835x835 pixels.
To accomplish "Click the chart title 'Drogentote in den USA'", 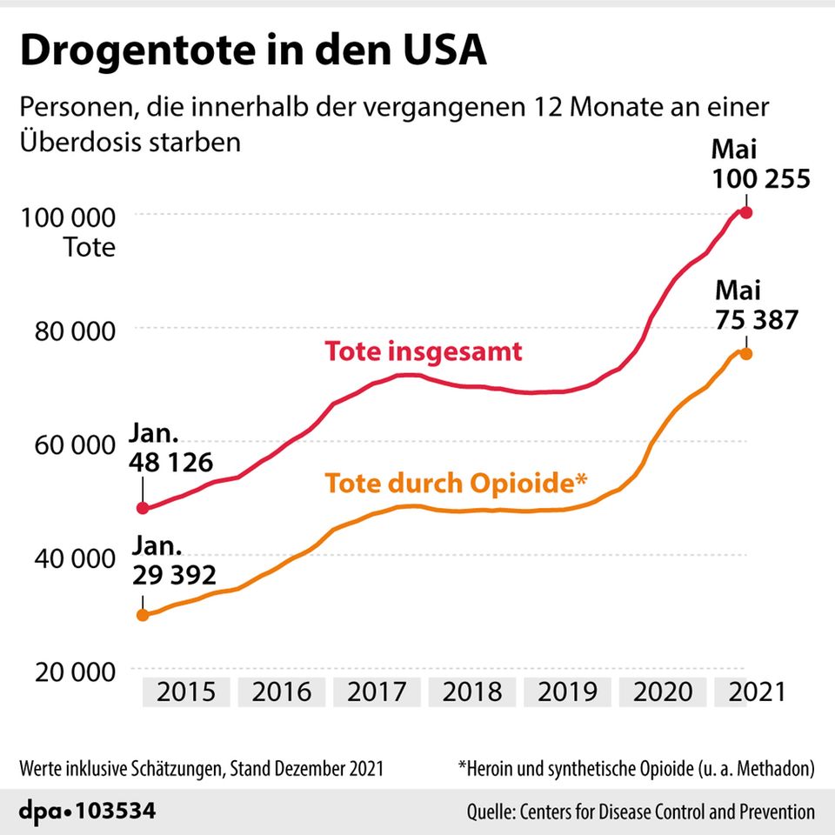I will pos(253,51).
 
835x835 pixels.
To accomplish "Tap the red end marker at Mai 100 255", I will pos(745,213).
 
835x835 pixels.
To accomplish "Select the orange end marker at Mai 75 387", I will pos(745,353).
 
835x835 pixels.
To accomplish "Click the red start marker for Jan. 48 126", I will pos(144,508).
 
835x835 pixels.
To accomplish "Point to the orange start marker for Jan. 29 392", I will pos(144,615).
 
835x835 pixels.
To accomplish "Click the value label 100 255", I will pos(761,179).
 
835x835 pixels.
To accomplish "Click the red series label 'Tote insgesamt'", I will pos(423,351).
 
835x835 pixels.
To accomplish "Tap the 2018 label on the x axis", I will pos(472,691).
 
